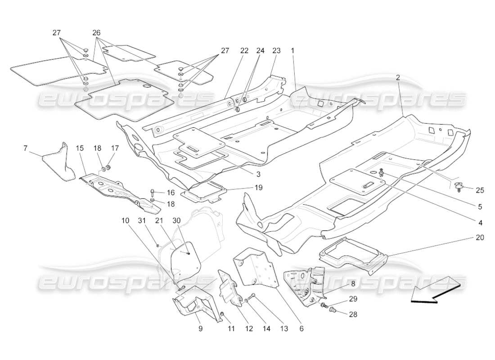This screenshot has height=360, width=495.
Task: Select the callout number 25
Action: click(x=480, y=190)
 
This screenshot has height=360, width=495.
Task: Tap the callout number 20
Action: click(x=480, y=237)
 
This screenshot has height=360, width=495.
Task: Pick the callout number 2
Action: click(x=398, y=77)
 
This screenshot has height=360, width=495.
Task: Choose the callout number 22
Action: click(x=244, y=51)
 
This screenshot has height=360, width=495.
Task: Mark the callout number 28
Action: click(x=353, y=315)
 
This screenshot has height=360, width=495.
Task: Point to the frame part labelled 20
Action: click(x=353, y=256)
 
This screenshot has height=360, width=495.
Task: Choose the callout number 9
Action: click(x=200, y=328)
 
